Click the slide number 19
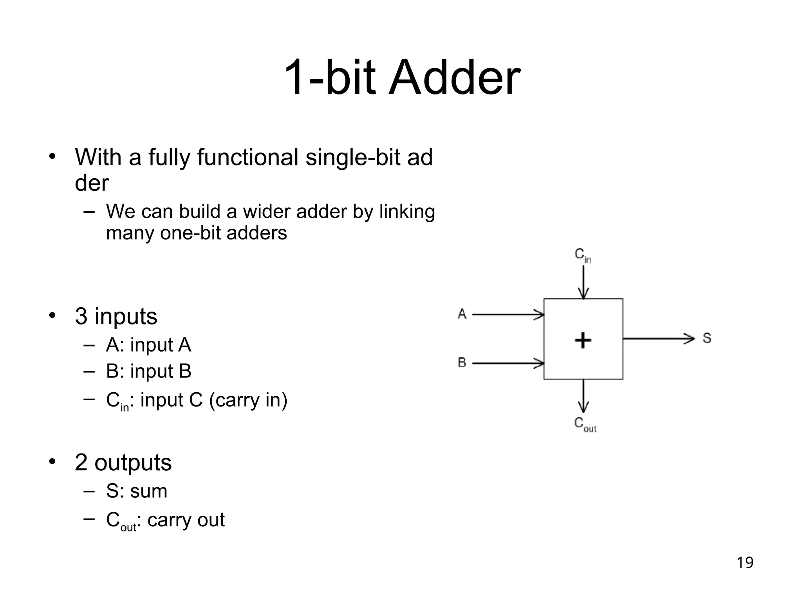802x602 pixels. [x=745, y=562]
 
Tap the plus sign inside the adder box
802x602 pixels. [x=583, y=340]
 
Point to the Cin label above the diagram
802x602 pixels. [x=582, y=255]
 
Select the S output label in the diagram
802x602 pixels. [x=707, y=338]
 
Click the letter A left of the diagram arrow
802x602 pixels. [x=462, y=314]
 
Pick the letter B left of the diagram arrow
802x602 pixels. [x=462, y=363]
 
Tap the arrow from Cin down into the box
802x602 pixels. [x=583, y=282]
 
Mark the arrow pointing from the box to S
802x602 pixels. [x=658, y=338]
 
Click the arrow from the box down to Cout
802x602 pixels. [x=583, y=396]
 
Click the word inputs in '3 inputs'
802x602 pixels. [x=126, y=316]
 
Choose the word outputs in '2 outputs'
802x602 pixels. [x=133, y=462]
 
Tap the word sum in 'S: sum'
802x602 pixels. [x=148, y=491]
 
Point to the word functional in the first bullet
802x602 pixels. [x=247, y=158]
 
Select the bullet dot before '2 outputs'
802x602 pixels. [x=52, y=462]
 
